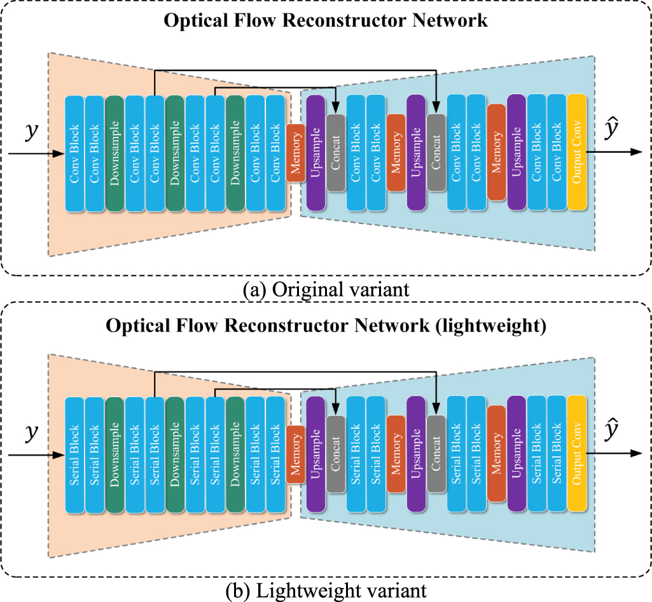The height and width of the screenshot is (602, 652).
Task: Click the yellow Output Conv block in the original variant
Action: pos(576,152)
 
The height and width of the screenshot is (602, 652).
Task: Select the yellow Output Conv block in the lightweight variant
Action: pos(576,453)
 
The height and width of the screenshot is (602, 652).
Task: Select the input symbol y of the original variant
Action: pos(30,132)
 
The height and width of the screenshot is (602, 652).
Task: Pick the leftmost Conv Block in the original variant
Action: pos(74,153)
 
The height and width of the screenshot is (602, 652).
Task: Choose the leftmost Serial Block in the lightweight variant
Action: pos(74,454)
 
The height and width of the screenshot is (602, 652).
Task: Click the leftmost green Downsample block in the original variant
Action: pos(114,153)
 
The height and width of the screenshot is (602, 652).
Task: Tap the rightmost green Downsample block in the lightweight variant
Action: pos(235,454)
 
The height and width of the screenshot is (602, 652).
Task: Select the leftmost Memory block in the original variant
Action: pos(295,153)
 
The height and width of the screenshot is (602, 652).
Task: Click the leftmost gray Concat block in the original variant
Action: pos(336,153)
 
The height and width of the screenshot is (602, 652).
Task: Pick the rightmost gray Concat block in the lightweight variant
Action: pos(436,454)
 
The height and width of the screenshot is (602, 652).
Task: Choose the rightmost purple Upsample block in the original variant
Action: pos(517,152)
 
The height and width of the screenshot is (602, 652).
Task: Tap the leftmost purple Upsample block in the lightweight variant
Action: pos(316,453)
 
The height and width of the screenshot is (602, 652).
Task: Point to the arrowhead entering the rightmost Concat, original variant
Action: pos(436,110)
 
